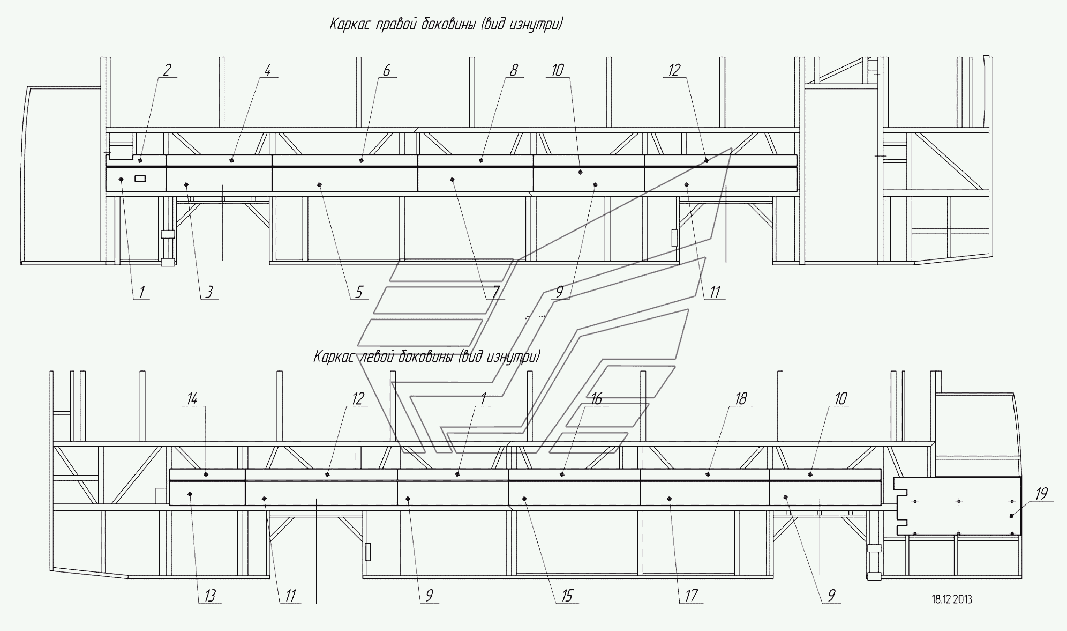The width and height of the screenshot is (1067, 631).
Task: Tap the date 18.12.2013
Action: click(x=952, y=599)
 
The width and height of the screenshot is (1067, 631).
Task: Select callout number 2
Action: click(x=167, y=70)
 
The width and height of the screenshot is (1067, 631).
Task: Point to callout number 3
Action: click(x=209, y=292)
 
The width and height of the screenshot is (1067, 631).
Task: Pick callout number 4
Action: click(x=268, y=70)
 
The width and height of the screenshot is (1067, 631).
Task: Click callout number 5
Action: click(x=359, y=292)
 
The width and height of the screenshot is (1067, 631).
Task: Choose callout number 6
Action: click(x=387, y=70)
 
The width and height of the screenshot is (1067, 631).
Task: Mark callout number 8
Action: click(x=514, y=70)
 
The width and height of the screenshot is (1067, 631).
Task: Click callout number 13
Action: click(x=210, y=596)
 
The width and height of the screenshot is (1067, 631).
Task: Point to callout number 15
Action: click(x=567, y=596)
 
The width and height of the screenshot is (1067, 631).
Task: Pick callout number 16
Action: click(x=596, y=399)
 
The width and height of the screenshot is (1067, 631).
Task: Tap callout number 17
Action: click(x=691, y=596)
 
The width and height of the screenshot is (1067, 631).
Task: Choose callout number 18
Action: click(x=741, y=399)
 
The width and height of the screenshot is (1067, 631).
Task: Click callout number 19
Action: click(x=1041, y=494)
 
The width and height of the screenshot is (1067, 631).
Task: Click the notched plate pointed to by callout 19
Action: click(x=959, y=506)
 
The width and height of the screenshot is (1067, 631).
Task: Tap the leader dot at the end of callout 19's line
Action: click(x=1011, y=516)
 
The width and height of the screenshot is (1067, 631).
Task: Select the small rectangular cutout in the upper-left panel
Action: click(x=140, y=179)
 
